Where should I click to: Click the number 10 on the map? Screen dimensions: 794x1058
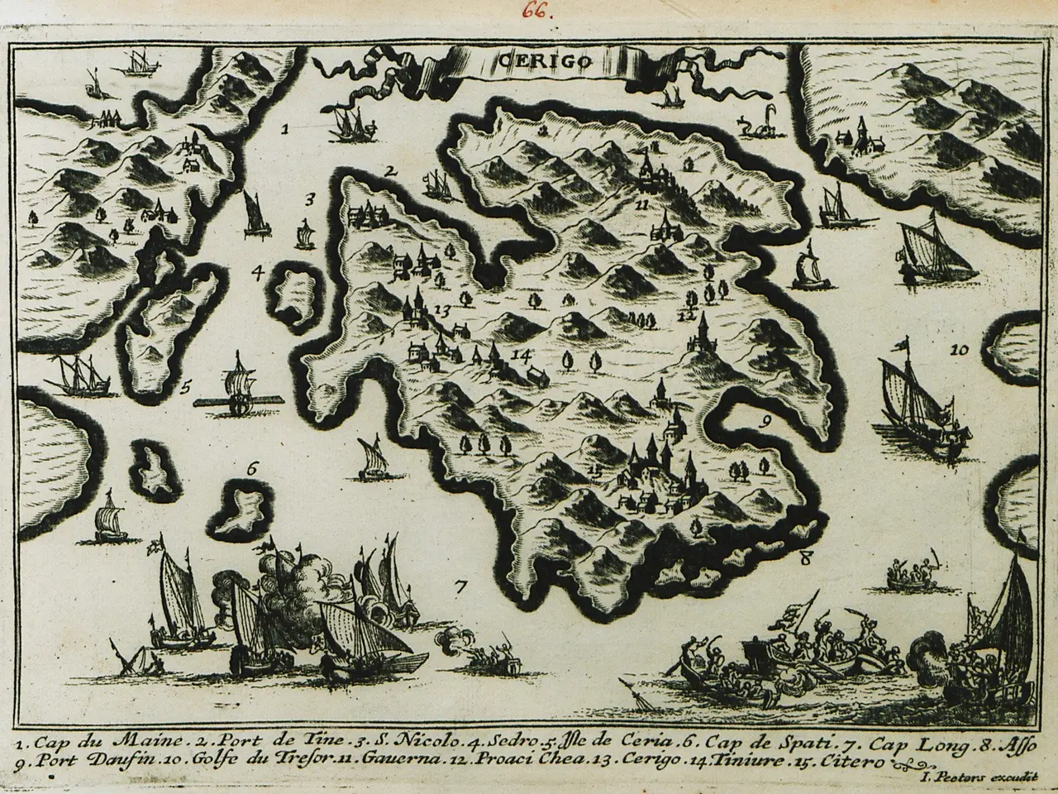coord(958,351)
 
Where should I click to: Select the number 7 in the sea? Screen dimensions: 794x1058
coord(461,589)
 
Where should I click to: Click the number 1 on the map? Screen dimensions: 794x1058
coord(284,129)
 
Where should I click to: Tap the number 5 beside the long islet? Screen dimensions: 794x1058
coord(187,385)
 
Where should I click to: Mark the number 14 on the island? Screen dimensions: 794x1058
coord(520,356)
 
